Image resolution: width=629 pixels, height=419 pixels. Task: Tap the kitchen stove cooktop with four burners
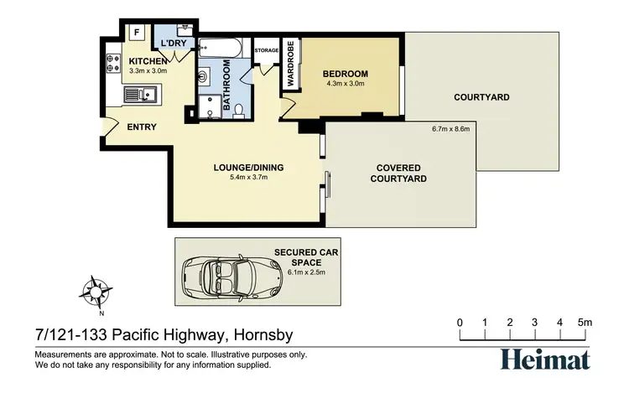click(x=112, y=63)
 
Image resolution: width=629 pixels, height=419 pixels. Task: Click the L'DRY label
click(x=174, y=43)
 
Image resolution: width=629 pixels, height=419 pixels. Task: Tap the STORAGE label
click(x=266, y=49)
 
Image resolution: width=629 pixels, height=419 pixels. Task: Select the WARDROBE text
click(x=290, y=65)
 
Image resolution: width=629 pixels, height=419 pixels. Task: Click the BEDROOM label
click(x=346, y=74)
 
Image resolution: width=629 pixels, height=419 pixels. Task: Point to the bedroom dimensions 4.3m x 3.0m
click(x=346, y=84)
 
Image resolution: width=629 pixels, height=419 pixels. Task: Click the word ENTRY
click(x=142, y=128)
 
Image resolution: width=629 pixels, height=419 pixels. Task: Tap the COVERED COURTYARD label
click(x=401, y=173)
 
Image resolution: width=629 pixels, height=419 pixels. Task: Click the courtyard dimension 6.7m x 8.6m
click(x=452, y=129)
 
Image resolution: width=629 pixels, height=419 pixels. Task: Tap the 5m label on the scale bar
click(x=584, y=323)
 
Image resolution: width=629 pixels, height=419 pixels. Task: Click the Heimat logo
click(x=545, y=359)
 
